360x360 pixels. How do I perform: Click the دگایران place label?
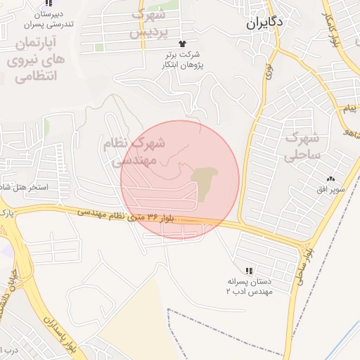(x=265, y=22)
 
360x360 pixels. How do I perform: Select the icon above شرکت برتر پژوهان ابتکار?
(x=186, y=44)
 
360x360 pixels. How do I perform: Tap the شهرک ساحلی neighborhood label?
(x=304, y=146)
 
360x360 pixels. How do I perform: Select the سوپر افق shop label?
(x=330, y=190)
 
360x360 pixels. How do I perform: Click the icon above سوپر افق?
(x=330, y=179)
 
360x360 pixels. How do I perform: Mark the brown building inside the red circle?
(x=204, y=181)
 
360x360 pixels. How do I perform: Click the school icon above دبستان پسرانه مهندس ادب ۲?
(x=249, y=270)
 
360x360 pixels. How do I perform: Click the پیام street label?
(x=349, y=109)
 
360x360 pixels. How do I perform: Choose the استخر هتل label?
(x=25, y=188)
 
